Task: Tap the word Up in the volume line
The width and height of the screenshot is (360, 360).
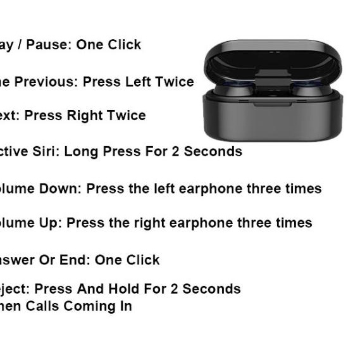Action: [x=51, y=223]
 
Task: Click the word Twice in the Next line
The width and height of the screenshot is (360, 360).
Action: [x=127, y=116]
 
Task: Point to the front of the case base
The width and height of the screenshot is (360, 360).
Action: [x=273, y=120]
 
